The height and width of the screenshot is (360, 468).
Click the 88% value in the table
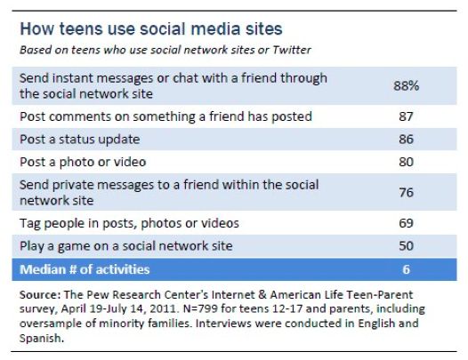point(407,86)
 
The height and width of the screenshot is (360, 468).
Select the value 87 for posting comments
point(406,116)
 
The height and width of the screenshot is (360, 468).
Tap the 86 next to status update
point(406,140)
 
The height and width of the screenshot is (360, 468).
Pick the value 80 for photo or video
point(406,162)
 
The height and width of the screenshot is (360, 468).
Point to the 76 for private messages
point(406,192)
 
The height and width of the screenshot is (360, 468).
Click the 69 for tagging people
point(406,223)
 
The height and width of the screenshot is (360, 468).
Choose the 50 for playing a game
point(406,245)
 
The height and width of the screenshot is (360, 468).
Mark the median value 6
point(406,269)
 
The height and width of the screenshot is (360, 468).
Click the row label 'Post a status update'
point(80,140)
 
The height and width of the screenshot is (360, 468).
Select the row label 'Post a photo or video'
point(83,163)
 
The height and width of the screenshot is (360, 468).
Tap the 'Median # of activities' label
point(85,269)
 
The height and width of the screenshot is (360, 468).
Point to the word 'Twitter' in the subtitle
point(292,50)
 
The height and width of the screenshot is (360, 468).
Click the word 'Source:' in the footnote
point(40,295)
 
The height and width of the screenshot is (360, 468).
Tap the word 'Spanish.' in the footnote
point(42,339)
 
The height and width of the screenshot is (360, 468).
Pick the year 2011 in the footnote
point(163,308)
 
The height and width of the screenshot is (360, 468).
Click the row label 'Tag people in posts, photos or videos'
point(129,223)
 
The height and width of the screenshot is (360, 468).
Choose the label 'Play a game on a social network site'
point(126,246)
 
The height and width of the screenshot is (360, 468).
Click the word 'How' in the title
point(37,29)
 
